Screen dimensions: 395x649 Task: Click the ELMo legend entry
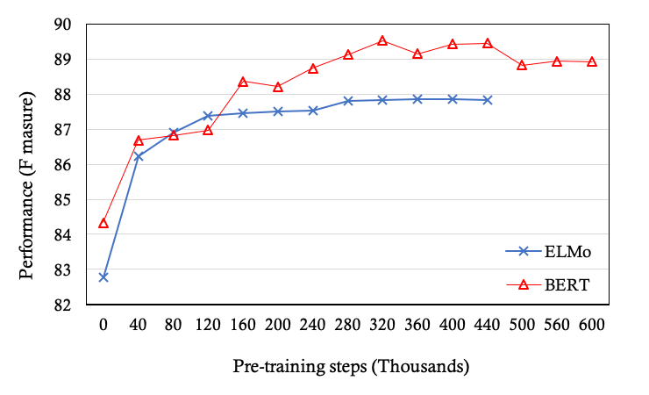(548, 251)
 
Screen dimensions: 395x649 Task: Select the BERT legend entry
(548, 284)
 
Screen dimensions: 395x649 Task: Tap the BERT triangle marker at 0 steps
(103, 223)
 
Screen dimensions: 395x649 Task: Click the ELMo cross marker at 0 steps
(103, 277)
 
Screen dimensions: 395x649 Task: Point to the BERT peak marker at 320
(382, 40)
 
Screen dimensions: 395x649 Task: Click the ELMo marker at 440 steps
(487, 100)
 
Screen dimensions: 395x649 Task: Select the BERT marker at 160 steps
(243, 82)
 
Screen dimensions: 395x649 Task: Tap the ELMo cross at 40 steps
(139, 156)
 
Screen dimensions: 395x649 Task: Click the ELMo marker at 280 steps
(348, 101)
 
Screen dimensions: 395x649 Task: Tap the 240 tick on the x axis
(313, 324)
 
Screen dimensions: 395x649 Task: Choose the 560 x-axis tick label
(557, 324)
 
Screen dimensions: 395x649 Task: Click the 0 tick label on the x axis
(103, 324)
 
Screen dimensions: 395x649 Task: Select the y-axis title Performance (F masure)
(27, 164)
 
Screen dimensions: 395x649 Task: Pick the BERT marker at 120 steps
(208, 130)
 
